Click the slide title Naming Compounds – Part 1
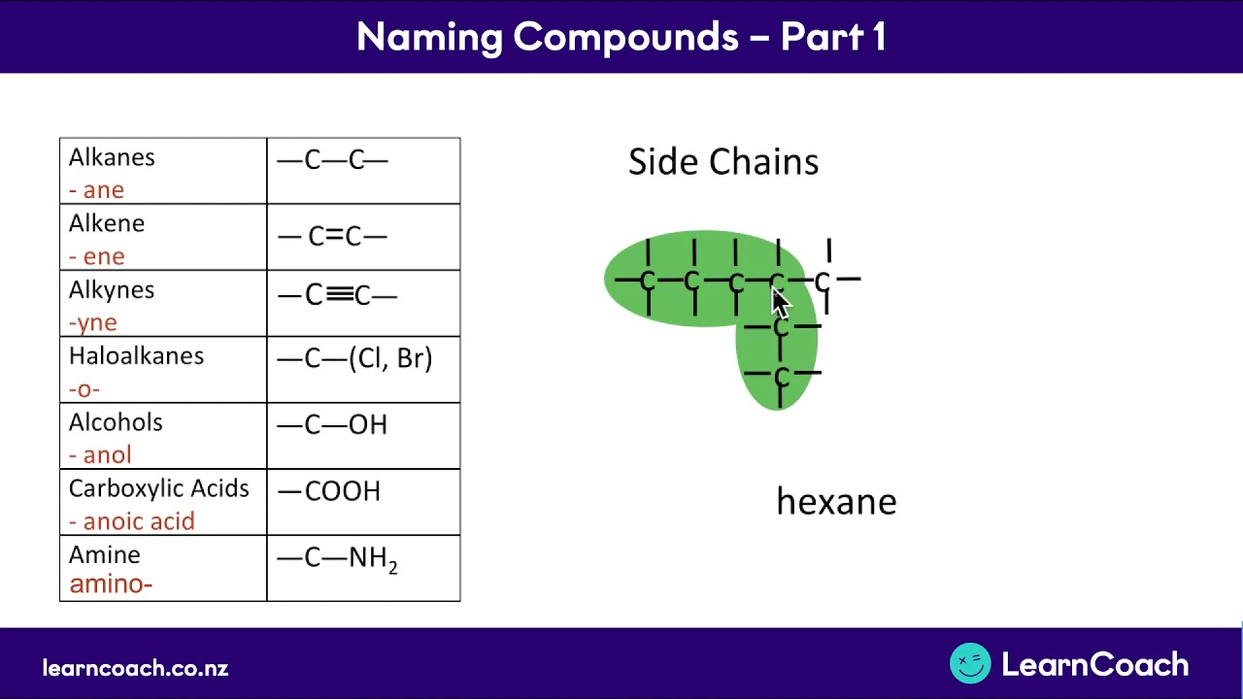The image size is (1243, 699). (621, 37)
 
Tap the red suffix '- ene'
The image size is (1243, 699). (97, 256)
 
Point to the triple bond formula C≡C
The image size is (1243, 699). (337, 295)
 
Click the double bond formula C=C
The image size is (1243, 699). (333, 236)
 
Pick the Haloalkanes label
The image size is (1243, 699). (136, 356)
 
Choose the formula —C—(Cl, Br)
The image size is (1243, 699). (354, 358)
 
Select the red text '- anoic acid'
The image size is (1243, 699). (132, 521)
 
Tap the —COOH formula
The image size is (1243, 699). (329, 491)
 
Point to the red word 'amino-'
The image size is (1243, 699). (111, 583)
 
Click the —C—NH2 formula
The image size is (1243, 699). (338, 559)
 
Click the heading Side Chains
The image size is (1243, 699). (723, 161)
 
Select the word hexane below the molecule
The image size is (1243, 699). (836, 502)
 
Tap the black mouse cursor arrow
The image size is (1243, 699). (781, 302)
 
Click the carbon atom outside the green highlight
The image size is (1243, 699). (823, 282)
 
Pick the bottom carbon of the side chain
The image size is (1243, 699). (781, 375)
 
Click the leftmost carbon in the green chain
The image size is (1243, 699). (648, 282)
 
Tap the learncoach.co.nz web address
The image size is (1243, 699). (135, 668)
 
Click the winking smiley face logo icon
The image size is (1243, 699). (969, 664)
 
